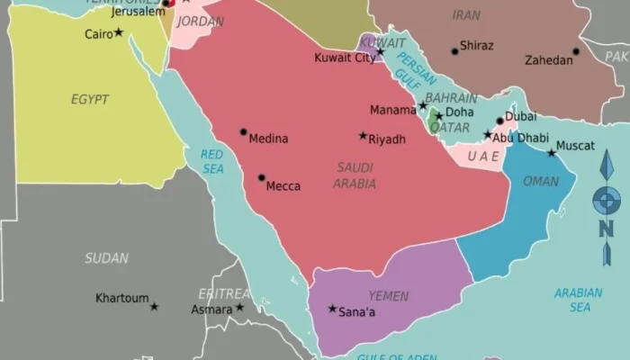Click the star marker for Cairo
coord(118,32)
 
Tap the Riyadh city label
coord(387,139)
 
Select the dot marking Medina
coord(243,131)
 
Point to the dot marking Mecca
coord(262,177)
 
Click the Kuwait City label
coord(345,58)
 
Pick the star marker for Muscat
coord(552,153)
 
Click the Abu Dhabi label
coord(521,138)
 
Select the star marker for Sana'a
coord(332,309)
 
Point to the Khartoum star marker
coord(154,306)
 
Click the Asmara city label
coord(211,310)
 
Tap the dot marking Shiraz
coord(454,51)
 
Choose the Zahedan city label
coord(548,60)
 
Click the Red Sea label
coord(212,161)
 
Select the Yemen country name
coord(389,295)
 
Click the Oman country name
coord(541,181)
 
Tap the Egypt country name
coord(90,99)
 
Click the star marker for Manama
coord(423,105)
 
